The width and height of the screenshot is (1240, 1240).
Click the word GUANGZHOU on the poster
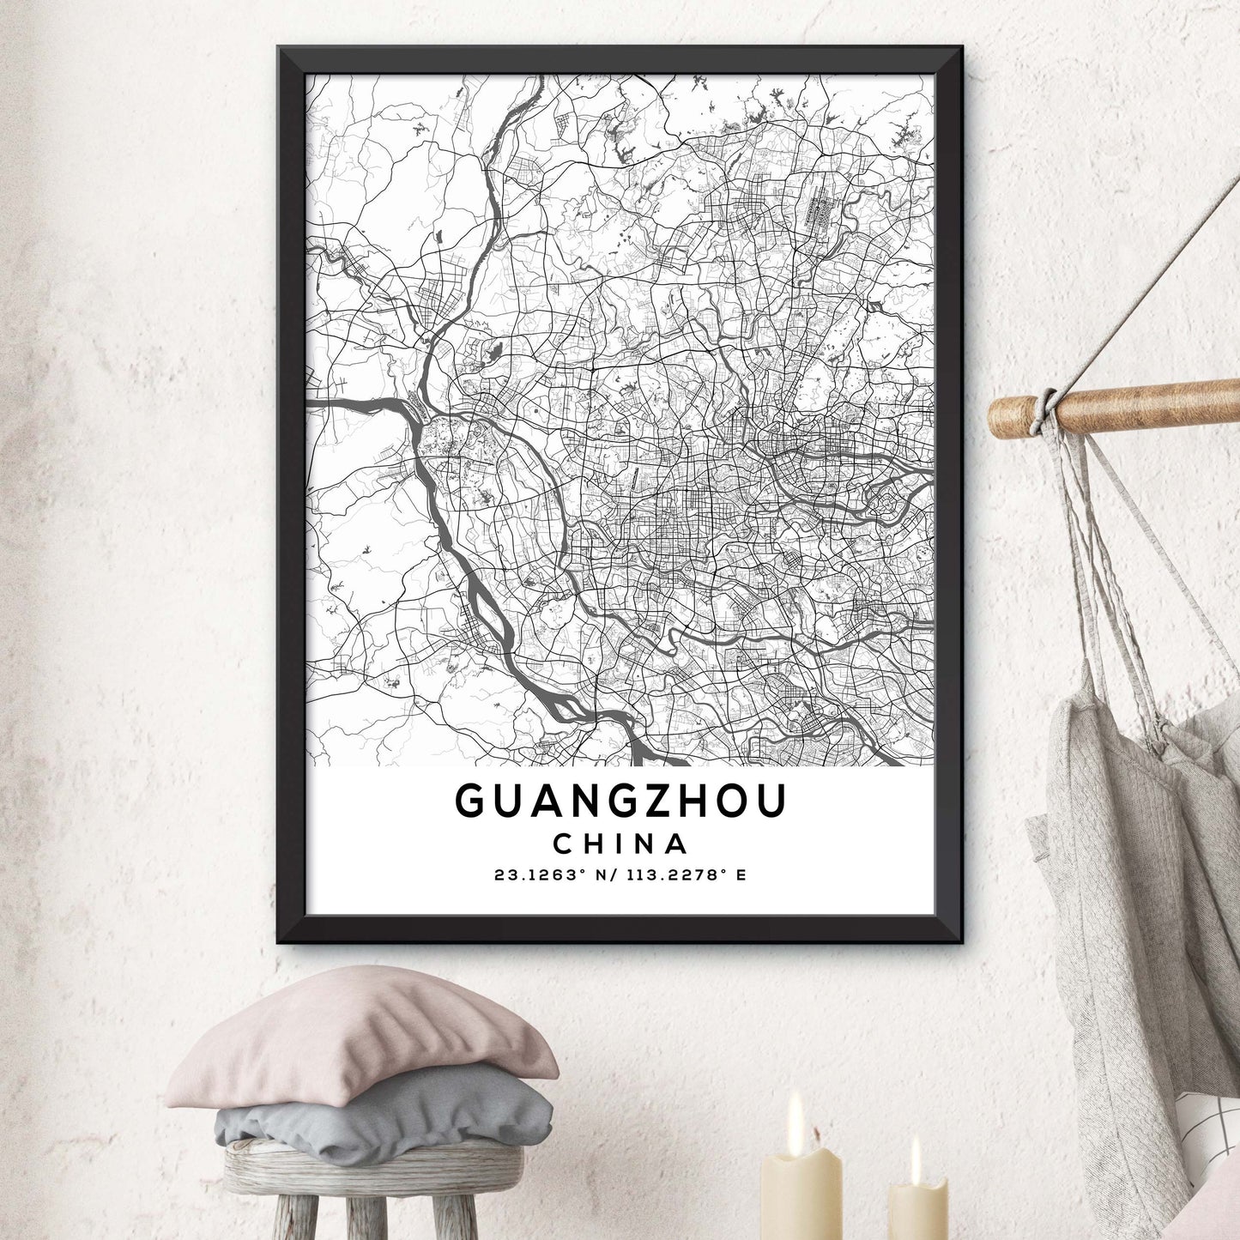coord(620,801)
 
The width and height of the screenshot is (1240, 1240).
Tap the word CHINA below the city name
coord(620,844)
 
